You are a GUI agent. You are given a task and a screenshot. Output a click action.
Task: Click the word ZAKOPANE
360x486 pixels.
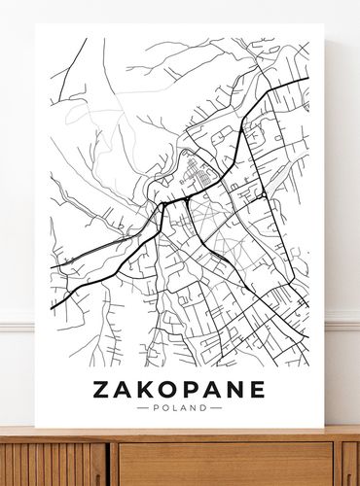[x=178, y=390]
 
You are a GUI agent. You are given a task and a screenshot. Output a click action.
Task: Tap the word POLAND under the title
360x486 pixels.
[x=179, y=408]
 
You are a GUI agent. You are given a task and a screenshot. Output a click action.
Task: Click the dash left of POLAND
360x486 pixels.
[x=142, y=408]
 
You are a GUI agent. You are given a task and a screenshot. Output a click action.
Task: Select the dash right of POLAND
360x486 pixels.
[x=216, y=408]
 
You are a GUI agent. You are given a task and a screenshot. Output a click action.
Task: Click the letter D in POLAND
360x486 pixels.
[x=203, y=408]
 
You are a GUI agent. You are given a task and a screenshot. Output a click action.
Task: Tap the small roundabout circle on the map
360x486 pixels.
[x=263, y=195]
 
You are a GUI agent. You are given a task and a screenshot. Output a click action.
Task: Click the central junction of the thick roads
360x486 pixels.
[x=162, y=205]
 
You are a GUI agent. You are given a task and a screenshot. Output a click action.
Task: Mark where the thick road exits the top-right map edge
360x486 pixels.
[x=306, y=79]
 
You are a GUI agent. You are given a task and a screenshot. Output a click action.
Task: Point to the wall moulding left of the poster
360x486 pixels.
[x=17, y=322]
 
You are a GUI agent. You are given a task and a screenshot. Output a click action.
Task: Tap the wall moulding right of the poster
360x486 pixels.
[x=342, y=322]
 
